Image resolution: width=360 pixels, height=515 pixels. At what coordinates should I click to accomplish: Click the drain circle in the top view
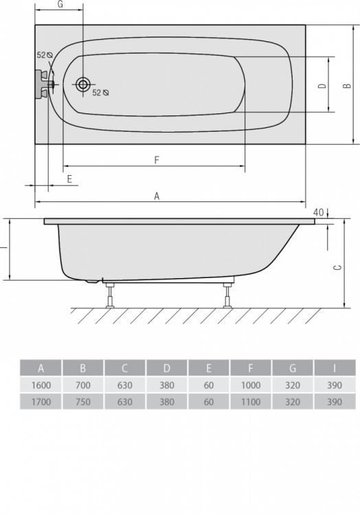point(82,84)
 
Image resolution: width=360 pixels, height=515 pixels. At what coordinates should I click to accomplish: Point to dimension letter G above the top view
point(60,5)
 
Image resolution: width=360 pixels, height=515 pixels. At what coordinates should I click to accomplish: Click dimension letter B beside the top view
point(348,85)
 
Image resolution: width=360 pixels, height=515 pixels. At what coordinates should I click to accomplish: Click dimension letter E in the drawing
point(69,178)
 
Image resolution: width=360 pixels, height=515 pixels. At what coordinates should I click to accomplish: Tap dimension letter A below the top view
point(157,196)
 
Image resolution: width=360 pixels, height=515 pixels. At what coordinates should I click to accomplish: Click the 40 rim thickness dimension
point(317,211)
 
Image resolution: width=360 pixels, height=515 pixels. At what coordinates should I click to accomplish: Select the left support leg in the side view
point(109,295)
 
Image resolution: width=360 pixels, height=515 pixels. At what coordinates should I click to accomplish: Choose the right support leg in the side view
point(225,295)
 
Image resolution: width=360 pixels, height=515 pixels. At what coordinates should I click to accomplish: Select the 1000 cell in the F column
point(251,385)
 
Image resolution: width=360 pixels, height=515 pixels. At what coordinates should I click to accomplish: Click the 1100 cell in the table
point(251,402)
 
